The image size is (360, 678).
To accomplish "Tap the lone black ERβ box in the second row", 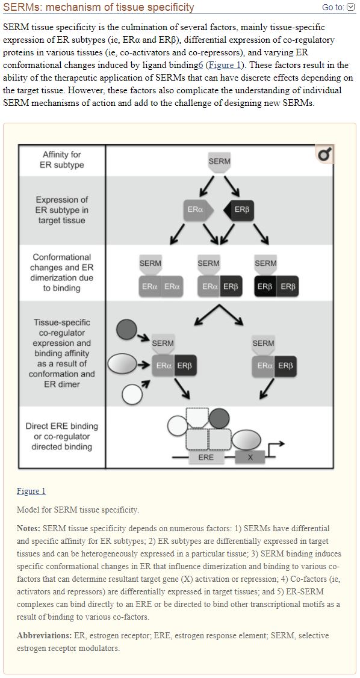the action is tap(238, 210).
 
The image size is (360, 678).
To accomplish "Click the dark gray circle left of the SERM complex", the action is tap(126, 330).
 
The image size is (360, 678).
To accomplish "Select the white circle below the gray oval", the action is tap(132, 395).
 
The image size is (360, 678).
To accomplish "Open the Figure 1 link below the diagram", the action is tap(31, 491).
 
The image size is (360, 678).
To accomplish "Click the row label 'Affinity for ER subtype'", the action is tap(62, 159).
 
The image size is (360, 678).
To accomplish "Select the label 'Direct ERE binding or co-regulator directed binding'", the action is tap(62, 436).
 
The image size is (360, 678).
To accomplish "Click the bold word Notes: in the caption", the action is tap(29, 528).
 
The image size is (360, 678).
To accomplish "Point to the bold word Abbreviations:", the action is tap(41, 636).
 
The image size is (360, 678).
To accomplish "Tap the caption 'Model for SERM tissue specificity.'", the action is tap(78, 510).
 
